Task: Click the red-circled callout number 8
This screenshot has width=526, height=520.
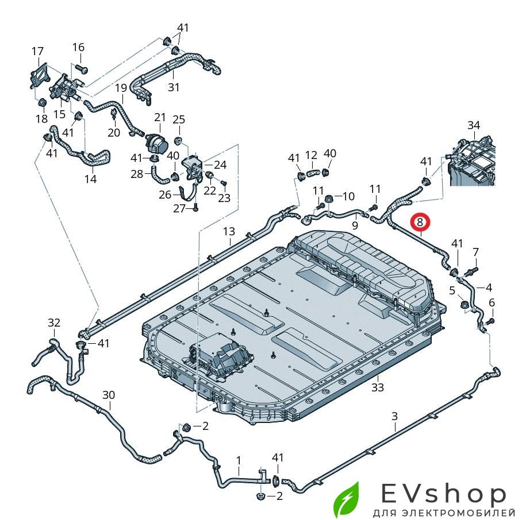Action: click(420, 222)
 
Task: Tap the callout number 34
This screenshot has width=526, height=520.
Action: click(473, 125)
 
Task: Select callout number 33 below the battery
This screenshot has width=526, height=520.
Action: click(377, 387)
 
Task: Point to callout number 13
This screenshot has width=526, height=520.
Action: click(229, 231)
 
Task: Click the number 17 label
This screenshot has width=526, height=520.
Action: click(37, 52)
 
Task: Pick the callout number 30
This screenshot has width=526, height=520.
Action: click(109, 395)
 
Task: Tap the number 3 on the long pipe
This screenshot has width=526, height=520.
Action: click(394, 416)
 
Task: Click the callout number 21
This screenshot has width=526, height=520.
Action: click(159, 117)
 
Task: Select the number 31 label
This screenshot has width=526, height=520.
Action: click(174, 87)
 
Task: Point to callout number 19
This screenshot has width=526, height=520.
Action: click(121, 88)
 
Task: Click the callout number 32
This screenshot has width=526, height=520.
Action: click(53, 323)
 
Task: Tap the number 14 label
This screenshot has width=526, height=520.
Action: click(90, 178)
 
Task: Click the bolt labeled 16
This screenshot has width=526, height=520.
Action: click(80, 68)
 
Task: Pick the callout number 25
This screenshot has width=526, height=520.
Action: click(179, 119)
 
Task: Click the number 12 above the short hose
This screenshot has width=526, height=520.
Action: click(311, 155)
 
